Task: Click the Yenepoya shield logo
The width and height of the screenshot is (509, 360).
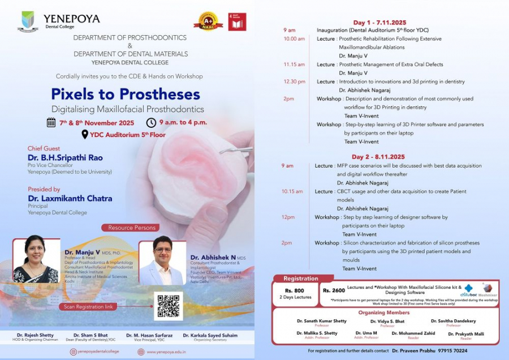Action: pos(28,21)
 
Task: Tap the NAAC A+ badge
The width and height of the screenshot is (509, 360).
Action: pos(208,22)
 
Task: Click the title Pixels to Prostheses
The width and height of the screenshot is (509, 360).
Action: pos(126,93)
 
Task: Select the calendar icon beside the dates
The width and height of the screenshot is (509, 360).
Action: pos(51,122)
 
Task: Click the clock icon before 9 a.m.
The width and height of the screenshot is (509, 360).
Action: pos(151,122)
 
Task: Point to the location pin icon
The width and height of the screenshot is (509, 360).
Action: pos(85,134)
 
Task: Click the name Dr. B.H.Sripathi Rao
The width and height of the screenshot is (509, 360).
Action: pos(66,157)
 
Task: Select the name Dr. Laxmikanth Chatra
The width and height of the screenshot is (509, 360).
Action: pos(70,198)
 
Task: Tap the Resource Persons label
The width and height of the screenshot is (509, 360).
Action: pos(128,228)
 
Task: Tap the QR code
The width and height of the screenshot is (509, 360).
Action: pos(168,306)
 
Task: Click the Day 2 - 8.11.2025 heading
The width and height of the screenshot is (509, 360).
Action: pos(378,156)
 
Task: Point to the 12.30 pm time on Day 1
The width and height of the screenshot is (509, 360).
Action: pos(294,82)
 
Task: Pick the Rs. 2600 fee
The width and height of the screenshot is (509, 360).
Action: pos(334,290)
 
